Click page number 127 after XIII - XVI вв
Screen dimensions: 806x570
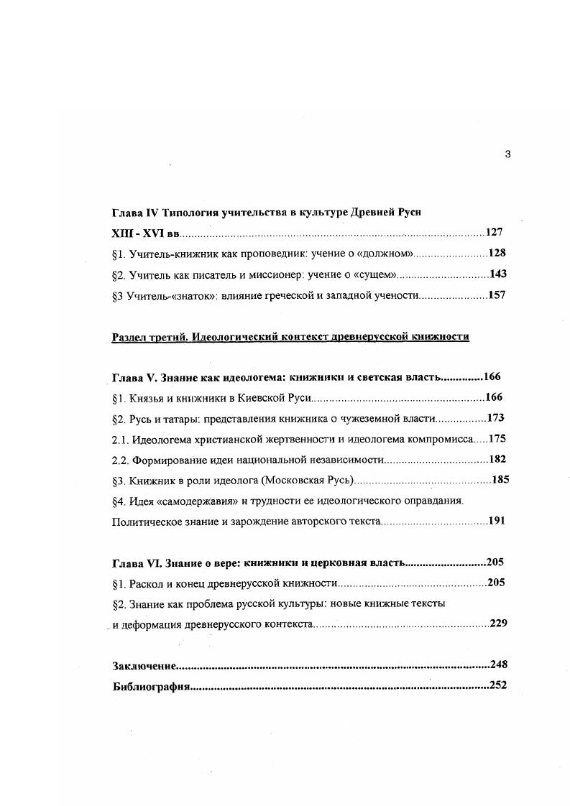(494, 233)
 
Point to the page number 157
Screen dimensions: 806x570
(497, 295)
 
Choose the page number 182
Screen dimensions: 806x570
(497, 459)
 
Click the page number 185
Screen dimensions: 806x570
(500, 479)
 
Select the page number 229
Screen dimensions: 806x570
(499, 623)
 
